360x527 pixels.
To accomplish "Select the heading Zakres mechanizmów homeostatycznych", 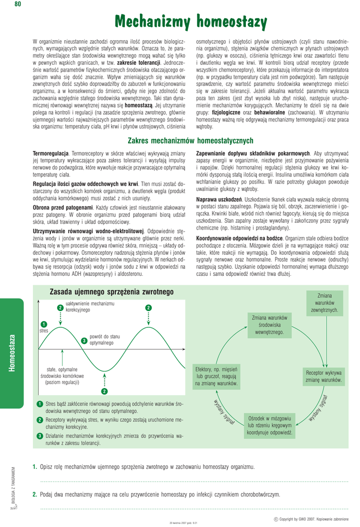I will coord(190,140).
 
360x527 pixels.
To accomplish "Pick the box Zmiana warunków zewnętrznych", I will coord(324,303).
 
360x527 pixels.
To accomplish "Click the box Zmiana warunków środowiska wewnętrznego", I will coord(269,325).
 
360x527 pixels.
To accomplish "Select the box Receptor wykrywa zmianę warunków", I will coord(323,376).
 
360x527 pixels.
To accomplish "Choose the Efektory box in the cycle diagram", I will coord(216,376).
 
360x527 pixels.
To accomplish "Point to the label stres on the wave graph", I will coord(44,330).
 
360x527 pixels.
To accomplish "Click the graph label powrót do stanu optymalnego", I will coord(104,340).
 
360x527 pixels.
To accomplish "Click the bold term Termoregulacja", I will coord(50,153).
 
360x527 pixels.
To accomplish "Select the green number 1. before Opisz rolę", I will coord(34,467).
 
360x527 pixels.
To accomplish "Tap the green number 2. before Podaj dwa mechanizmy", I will coord(34,495).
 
